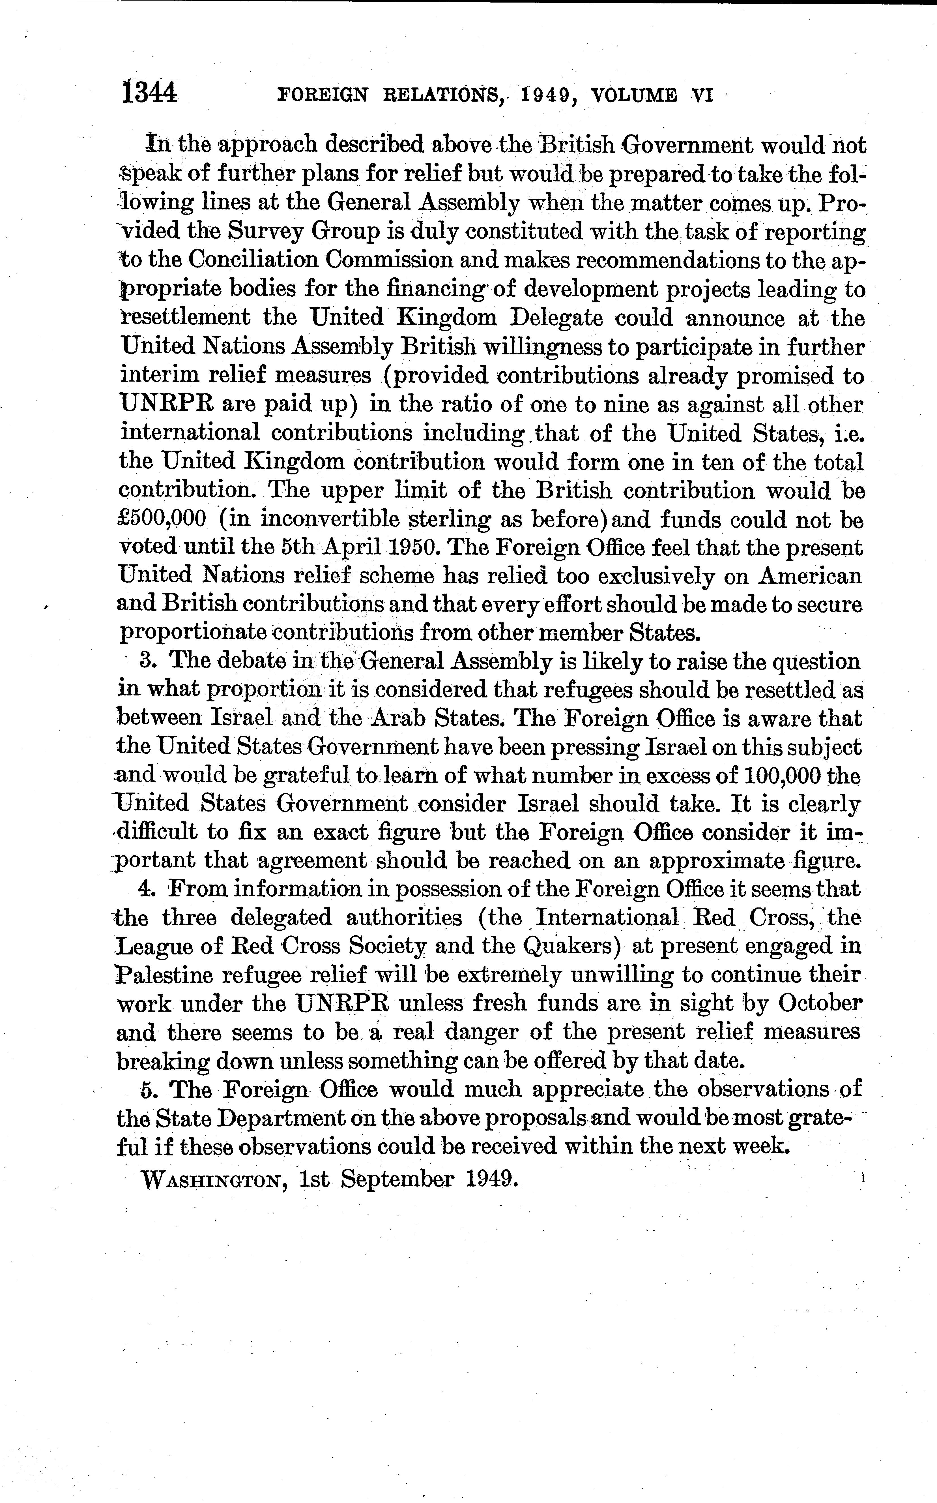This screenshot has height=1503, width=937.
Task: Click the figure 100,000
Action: [x=770, y=775]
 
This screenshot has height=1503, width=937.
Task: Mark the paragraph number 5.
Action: [x=146, y=1089]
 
